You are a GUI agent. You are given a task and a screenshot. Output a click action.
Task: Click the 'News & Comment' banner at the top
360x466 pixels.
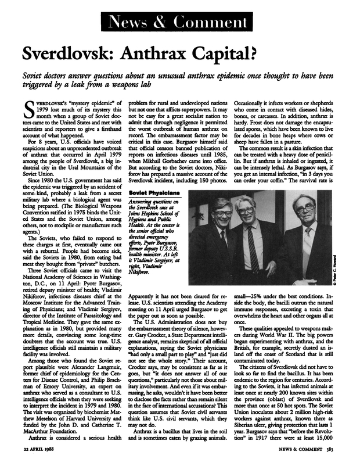click(x=180, y=23)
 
